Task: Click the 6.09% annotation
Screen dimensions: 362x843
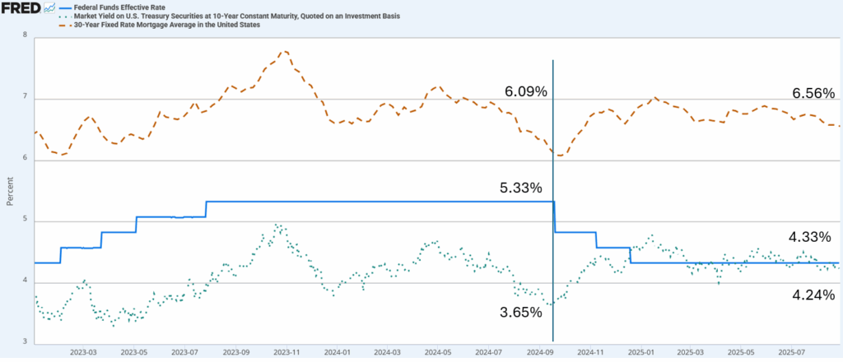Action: coord(526,92)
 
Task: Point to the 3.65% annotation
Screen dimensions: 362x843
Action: coord(521,313)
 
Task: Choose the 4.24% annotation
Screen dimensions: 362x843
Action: coord(812,295)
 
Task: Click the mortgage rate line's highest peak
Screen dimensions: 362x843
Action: coord(284,51)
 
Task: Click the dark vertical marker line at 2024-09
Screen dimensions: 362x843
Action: coord(552,247)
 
